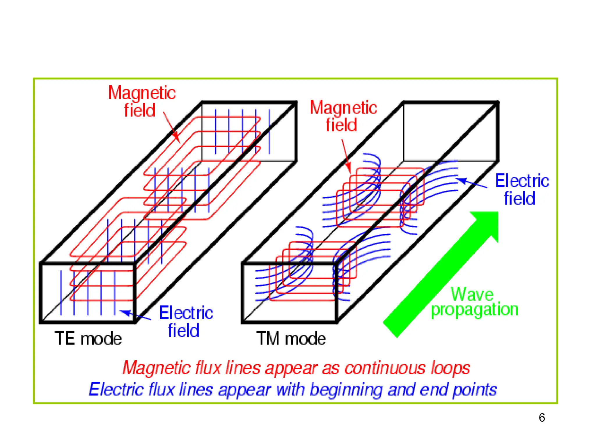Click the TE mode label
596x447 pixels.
[x=88, y=338]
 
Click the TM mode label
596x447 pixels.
[x=291, y=338]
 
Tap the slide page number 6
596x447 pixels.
[x=542, y=418]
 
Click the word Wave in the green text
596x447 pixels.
[x=472, y=294]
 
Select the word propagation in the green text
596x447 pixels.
[x=474, y=310]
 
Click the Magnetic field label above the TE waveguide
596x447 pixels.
[x=141, y=101]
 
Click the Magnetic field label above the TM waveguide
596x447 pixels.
[x=343, y=116]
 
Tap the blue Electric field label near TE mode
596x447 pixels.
[x=186, y=321]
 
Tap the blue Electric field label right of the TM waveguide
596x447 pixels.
[x=522, y=189]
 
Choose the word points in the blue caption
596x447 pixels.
[x=475, y=390]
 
